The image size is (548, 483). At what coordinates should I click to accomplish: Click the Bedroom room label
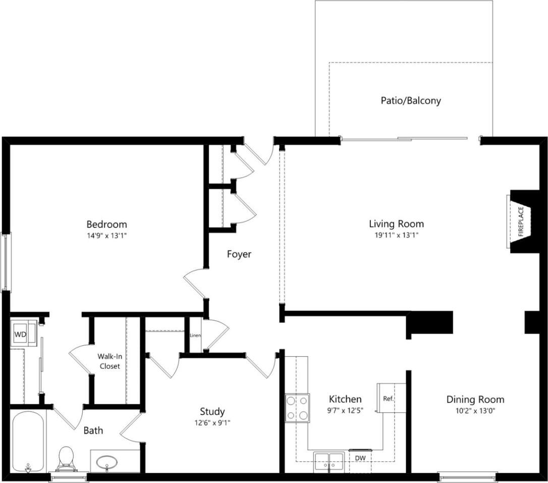(x=106, y=224)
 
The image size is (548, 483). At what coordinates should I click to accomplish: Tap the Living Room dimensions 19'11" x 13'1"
(x=396, y=235)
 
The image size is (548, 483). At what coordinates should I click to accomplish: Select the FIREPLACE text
(x=521, y=221)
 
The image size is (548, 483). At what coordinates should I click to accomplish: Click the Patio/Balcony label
(x=410, y=101)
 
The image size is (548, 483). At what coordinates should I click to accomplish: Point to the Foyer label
(x=239, y=255)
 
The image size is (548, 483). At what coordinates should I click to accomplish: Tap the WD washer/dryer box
(x=20, y=334)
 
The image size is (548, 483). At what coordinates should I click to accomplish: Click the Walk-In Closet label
(x=109, y=361)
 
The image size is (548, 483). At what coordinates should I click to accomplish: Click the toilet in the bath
(x=66, y=458)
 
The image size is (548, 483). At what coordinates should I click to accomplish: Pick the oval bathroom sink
(x=107, y=462)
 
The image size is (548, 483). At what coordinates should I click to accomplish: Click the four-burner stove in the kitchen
(x=297, y=408)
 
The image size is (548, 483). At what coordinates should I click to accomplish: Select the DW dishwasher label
(x=359, y=458)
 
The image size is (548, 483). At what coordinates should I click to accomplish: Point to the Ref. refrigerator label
(x=388, y=399)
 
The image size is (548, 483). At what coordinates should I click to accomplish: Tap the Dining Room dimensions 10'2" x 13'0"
(x=475, y=411)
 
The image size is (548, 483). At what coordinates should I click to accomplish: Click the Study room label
(x=212, y=412)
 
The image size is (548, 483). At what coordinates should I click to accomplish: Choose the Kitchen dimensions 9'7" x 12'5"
(x=345, y=410)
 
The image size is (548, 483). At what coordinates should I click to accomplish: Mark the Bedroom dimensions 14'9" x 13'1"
(x=106, y=235)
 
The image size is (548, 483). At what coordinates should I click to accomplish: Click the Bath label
(x=93, y=430)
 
